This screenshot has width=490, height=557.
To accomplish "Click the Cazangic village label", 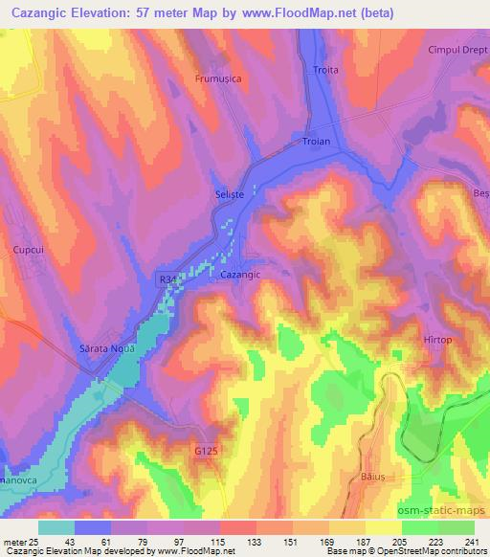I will [240, 274].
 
